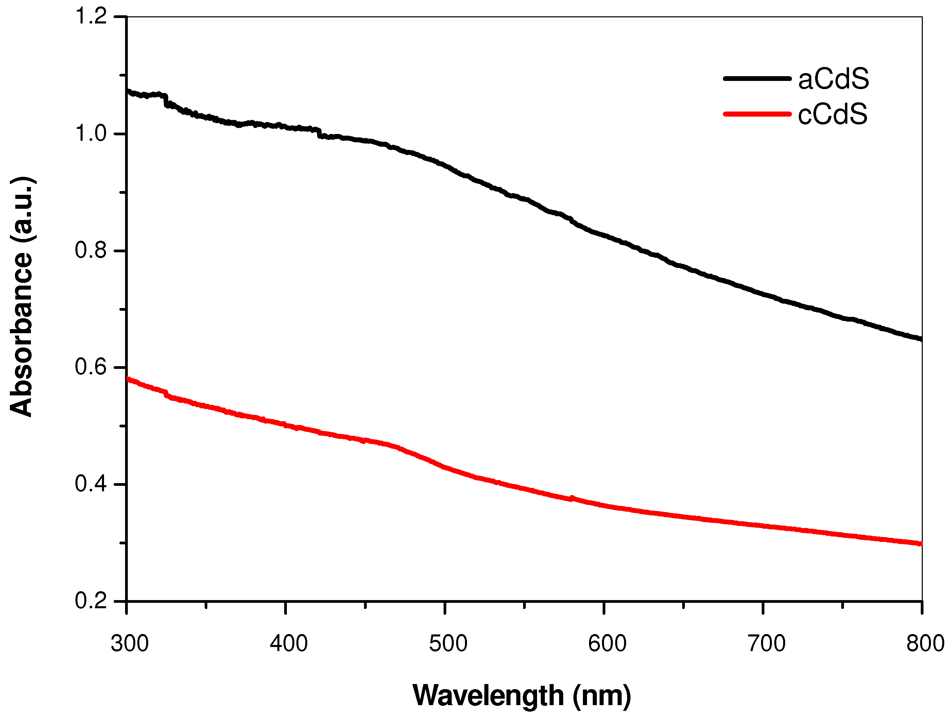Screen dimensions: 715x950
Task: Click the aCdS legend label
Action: point(833,80)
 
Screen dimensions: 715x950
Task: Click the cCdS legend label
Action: point(832,115)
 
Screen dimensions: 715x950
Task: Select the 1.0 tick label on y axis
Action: point(91,134)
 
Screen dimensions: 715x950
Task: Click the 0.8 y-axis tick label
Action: point(91,251)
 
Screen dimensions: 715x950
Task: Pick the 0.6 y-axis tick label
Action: point(91,368)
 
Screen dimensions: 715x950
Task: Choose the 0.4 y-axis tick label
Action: point(91,484)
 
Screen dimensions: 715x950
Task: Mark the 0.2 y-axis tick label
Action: point(91,601)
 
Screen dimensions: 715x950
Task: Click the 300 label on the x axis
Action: point(129,644)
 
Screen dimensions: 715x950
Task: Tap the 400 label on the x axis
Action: point(288,644)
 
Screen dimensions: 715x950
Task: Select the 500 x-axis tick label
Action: point(448,644)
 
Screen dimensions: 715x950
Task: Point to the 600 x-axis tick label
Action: point(607,644)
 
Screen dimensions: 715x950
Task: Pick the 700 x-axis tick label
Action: point(766,644)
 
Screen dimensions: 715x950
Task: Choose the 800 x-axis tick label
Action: point(925,644)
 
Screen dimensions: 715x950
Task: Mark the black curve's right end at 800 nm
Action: point(921,339)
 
